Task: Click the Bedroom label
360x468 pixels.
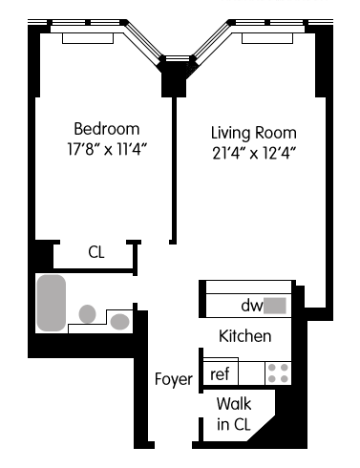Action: tap(107, 129)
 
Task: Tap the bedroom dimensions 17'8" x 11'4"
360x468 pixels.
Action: tap(107, 149)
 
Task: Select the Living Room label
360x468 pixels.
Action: tap(254, 133)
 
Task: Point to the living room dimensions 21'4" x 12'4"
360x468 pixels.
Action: tap(254, 154)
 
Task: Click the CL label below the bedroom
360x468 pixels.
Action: tap(96, 252)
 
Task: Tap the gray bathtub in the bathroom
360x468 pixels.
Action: tap(52, 303)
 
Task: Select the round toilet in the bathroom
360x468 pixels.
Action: tap(87, 313)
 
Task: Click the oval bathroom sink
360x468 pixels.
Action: tap(119, 322)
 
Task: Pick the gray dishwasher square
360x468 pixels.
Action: tap(275, 306)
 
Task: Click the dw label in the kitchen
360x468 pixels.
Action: tap(252, 306)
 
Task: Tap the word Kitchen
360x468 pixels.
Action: tap(245, 336)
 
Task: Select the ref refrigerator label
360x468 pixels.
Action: tap(220, 373)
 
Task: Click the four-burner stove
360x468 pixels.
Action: tap(278, 373)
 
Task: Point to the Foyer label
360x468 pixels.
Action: tap(174, 379)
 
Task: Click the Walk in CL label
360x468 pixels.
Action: tap(234, 414)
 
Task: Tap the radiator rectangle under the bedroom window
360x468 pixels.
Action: tap(88, 38)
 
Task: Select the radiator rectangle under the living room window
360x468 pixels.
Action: tap(267, 38)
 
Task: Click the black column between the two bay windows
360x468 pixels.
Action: tap(174, 83)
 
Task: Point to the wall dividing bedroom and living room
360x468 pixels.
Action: tap(174, 170)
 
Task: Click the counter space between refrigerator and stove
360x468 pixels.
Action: tap(251, 373)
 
